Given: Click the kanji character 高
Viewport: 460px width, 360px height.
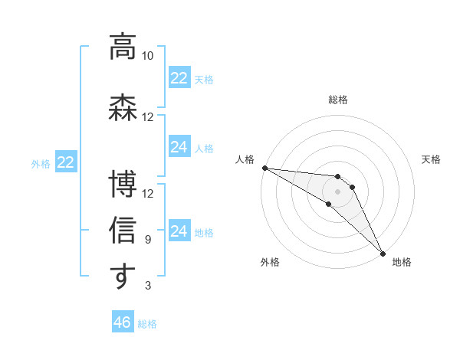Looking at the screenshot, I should (123, 46).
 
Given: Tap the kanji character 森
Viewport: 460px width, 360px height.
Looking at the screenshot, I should (123, 106).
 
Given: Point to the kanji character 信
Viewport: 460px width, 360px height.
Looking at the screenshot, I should (123, 230).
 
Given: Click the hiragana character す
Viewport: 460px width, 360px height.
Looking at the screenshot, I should (123, 277).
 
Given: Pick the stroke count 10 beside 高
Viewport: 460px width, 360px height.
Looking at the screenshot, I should (147, 56).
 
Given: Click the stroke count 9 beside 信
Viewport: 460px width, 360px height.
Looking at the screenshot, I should (147, 240).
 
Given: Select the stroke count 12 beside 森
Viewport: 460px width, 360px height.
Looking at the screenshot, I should (147, 116).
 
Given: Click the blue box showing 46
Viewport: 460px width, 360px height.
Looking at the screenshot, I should (122, 322).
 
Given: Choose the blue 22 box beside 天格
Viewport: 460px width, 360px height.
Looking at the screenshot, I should (179, 78).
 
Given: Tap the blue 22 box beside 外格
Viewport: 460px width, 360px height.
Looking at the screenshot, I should (66, 162).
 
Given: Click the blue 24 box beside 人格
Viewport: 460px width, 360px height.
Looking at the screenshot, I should (179, 147).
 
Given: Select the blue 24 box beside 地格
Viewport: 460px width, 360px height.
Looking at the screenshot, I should (179, 231).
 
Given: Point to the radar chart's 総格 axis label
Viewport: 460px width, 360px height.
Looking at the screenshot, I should (338, 100).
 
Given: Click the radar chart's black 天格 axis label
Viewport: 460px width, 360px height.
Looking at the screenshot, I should (431, 159).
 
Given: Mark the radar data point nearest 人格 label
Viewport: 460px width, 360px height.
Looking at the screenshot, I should (264, 167).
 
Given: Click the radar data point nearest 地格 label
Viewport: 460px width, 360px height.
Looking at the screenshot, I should (383, 253).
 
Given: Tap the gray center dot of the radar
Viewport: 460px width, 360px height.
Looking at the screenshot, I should (337, 191).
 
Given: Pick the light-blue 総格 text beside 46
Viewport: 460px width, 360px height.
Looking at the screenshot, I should (147, 324).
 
